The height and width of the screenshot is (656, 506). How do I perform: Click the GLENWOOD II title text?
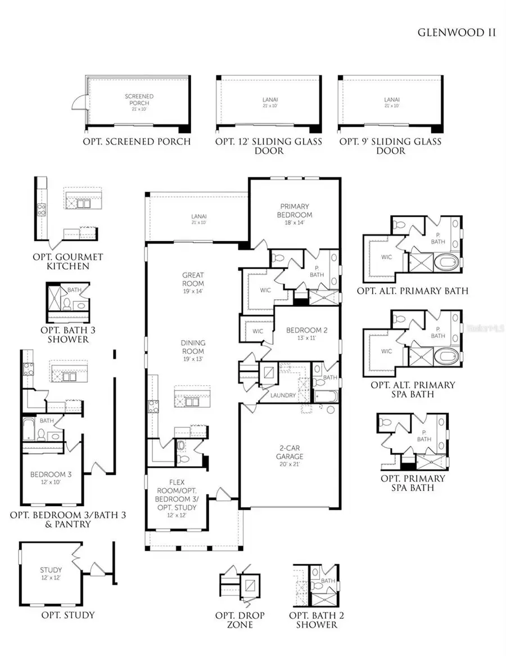(x=457, y=32)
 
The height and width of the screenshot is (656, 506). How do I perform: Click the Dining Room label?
(x=193, y=346)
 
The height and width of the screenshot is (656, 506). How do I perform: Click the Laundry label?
(x=283, y=395)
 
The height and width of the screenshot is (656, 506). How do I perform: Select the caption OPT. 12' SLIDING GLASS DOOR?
(x=269, y=146)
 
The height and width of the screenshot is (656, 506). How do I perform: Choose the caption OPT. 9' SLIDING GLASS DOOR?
(x=390, y=146)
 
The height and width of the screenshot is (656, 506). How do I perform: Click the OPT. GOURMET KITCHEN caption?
(x=68, y=261)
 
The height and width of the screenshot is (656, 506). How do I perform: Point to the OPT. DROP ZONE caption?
(x=242, y=620)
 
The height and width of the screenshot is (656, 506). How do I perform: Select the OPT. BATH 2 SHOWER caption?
(x=317, y=620)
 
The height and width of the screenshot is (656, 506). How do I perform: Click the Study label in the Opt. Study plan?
(x=51, y=573)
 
